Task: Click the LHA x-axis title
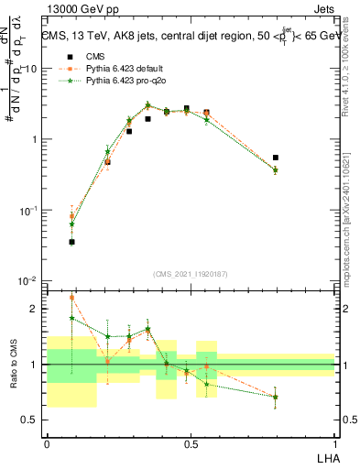[x=324, y=455]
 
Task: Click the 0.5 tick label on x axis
[x=191, y=442]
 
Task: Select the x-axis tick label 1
[x=334, y=442]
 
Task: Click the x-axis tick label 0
[x=47, y=442]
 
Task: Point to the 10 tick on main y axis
[x=33, y=69]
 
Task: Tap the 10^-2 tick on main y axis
[x=29, y=280]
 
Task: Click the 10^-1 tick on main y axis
[x=29, y=210]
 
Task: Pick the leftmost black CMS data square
[x=71, y=242]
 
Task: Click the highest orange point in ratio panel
[x=71, y=297]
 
